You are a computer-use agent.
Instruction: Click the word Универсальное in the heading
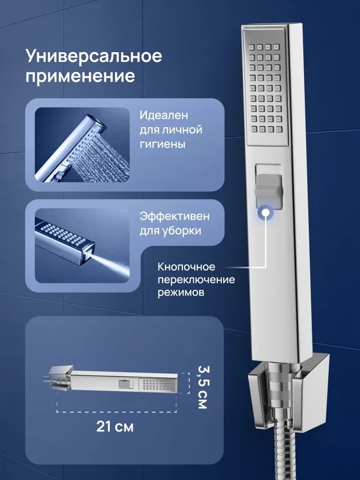point(94,56)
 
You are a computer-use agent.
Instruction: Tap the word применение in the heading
point(80,76)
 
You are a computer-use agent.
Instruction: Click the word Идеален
point(164,115)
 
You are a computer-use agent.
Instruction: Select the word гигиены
point(163,144)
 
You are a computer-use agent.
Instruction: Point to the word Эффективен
point(175,216)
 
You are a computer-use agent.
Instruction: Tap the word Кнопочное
point(187,266)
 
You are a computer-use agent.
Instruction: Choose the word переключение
point(197,280)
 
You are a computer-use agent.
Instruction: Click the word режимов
point(181,292)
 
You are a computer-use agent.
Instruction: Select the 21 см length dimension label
point(115,426)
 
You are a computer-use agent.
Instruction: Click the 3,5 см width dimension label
point(202,387)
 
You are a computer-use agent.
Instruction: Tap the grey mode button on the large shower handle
point(268,187)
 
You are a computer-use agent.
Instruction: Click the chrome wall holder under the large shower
point(288,389)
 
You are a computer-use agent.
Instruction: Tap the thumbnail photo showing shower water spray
point(82,145)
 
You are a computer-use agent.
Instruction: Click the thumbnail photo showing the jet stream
point(82,246)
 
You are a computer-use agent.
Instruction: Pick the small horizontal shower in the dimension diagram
point(110,381)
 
